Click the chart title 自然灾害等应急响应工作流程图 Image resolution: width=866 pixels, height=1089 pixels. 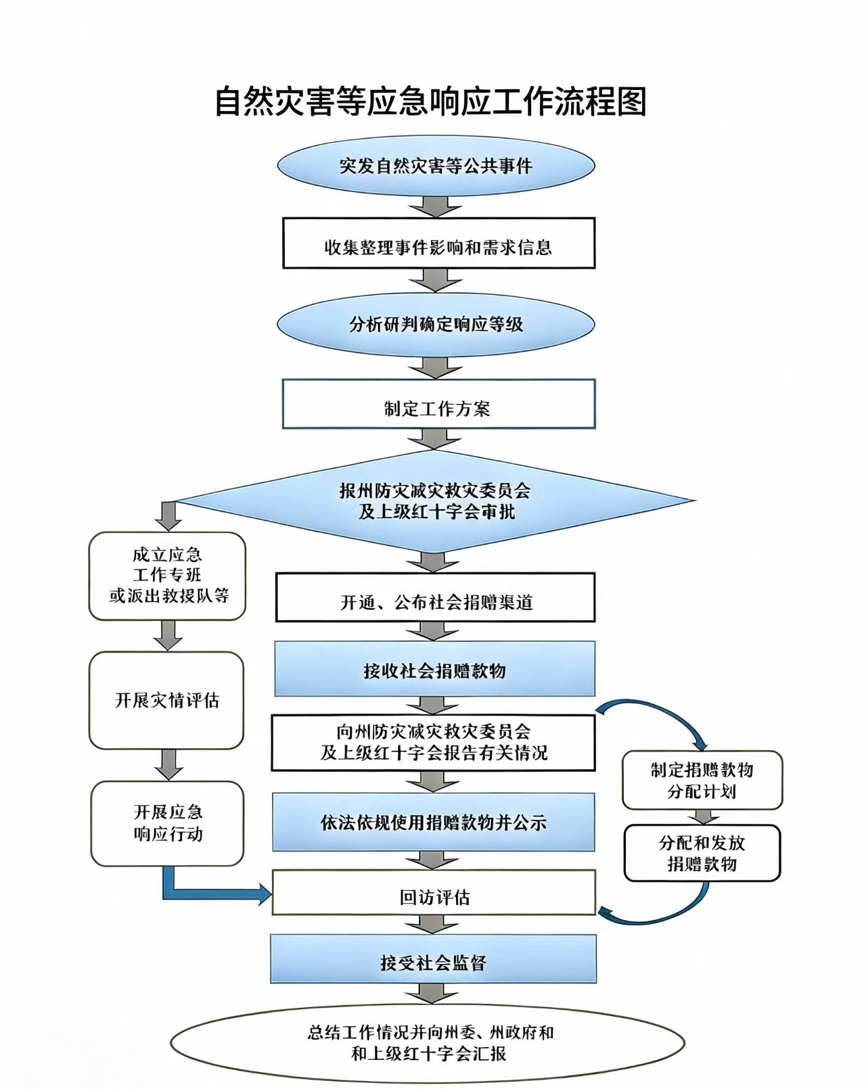point(431,101)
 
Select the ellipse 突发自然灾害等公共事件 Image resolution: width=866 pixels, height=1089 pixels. point(436,166)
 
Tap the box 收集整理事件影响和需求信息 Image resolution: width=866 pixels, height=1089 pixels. point(439,243)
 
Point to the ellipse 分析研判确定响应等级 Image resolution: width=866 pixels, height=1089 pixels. point(436,325)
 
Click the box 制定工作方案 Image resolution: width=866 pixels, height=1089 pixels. point(439,404)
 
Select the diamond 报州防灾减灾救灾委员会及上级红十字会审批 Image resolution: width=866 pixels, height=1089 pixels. point(436,501)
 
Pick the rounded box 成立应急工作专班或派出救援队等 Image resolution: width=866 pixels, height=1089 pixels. point(167,576)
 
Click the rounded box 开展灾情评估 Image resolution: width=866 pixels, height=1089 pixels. point(166,700)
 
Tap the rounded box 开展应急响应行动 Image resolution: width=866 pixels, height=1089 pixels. point(167,823)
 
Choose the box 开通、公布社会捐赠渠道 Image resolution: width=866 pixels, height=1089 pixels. point(435,597)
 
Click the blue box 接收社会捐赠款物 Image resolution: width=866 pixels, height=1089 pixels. point(435,668)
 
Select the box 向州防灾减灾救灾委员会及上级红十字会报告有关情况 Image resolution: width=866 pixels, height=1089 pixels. point(433,743)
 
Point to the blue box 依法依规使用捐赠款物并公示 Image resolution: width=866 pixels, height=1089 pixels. point(434,822)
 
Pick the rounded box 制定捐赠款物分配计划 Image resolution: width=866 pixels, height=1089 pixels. point(702,780)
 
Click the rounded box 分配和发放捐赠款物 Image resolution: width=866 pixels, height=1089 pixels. point(702,853)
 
